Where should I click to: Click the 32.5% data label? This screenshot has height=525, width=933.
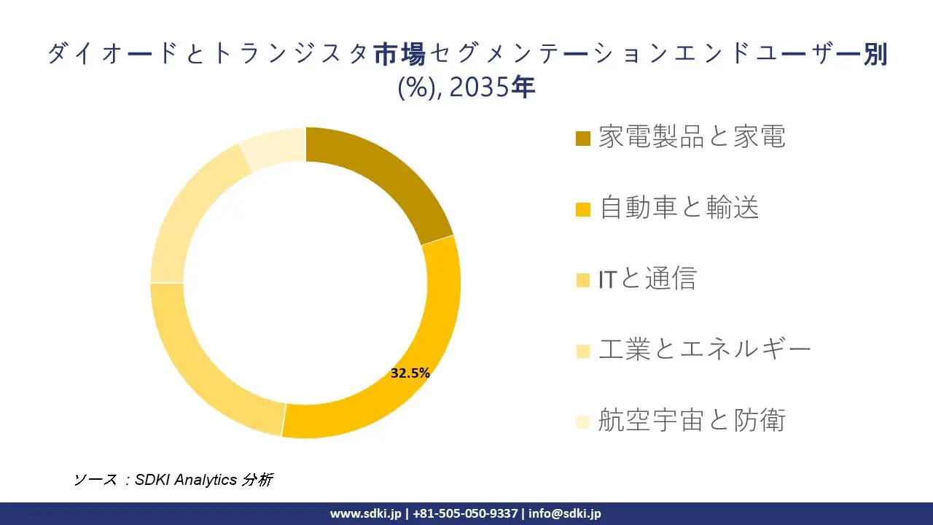[x=410, y=373]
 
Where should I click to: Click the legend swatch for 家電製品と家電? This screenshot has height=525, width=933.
[x=582, y=138]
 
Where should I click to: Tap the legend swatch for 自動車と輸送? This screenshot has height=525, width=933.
[x=582, y=209]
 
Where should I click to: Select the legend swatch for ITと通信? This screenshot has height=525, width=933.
[x=582, y=280]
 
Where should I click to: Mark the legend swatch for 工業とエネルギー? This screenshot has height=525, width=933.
[x=582, y=351]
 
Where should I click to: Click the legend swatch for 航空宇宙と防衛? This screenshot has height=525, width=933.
[x=582, y=421]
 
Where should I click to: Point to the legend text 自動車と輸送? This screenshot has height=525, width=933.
[x=679, y=208]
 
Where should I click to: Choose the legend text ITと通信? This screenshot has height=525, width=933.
[x=647, y=279]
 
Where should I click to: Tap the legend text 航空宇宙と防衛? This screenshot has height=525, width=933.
[x=692, y=420]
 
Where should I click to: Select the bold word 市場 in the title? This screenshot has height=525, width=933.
[x=399, y=55]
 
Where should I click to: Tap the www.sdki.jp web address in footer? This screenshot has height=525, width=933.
[x=365, y=513]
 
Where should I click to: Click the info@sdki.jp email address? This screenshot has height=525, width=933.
[x=565, y=513]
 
